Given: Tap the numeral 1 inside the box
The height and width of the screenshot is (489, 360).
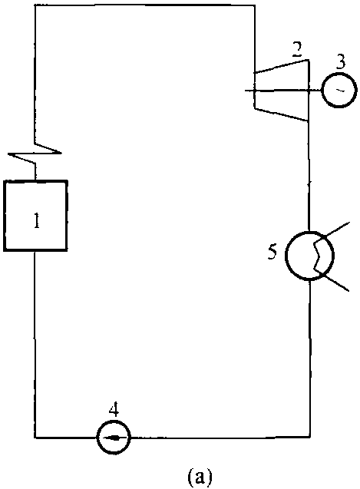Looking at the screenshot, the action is [x=37, y=221].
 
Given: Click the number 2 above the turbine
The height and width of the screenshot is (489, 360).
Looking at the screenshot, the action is [x=297, y=49].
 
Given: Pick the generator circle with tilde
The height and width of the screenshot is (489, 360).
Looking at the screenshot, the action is [x=339, y=90].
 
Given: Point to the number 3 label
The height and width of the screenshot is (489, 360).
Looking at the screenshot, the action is [x=341, y=62].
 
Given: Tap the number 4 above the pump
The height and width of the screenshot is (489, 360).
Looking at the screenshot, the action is [x=114, y=409].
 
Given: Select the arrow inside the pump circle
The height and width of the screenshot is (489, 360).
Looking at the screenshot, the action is [x=114, y=438].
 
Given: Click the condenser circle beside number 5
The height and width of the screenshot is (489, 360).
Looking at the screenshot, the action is [x=286, y=255].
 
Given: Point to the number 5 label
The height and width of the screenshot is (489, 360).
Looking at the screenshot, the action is [x=272, y=253].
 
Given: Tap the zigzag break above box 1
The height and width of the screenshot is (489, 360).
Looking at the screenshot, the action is [x=35, y=153].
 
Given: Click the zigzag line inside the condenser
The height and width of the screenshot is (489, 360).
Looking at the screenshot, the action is [x=318, y=255].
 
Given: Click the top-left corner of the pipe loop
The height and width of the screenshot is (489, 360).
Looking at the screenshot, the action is [x=35, y=5].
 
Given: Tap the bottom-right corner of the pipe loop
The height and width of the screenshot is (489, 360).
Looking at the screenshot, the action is [x=310, y=438].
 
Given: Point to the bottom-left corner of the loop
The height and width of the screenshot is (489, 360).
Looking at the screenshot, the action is [x=35, y=438].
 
